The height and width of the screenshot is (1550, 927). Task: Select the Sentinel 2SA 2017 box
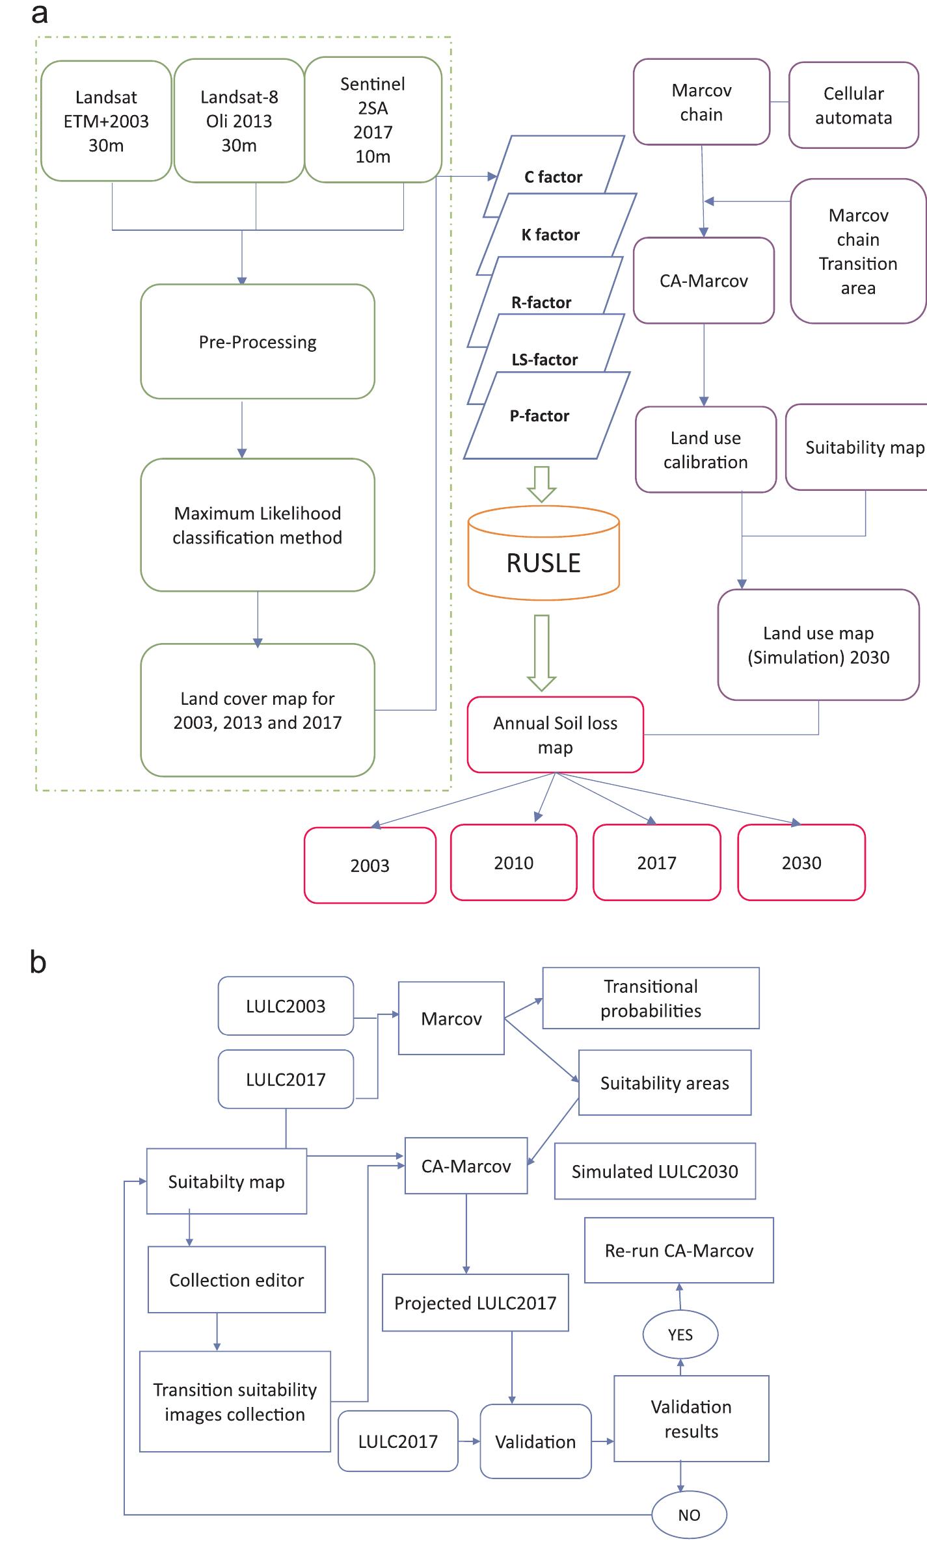(373, 120)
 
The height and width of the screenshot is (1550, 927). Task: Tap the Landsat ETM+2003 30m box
(106, 121)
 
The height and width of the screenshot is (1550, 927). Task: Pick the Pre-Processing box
(258, 342)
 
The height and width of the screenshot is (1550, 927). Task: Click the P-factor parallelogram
(539, 415)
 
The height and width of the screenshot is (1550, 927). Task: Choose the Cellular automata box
(853, 105)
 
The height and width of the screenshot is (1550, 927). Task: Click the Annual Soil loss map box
(555, 735)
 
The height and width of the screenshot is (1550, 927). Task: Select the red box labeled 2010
(513, 863)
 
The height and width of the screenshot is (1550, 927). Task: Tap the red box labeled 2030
(801, 863)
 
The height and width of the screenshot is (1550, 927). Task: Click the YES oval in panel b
(680, 1334)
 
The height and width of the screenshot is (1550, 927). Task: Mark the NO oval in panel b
(689, 1515)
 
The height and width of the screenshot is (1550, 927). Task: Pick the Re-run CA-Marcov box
(679, 1250)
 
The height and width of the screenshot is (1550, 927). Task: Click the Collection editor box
(236, 1280)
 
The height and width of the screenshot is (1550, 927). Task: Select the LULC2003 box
(286, 1006)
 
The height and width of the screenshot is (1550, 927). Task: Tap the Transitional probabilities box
(651, 998)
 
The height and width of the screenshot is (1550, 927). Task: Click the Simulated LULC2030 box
(654, 1171)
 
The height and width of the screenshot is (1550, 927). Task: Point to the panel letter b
(38, 963)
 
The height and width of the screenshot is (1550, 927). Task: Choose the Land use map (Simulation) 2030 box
(818, 645)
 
